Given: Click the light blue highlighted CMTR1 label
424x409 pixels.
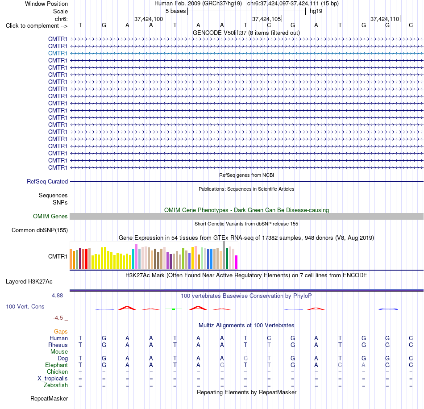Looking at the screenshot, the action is tap(58, 53).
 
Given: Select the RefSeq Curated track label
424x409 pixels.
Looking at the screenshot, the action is tap(47, 182).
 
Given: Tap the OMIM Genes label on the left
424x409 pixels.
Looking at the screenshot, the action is tap(50, 216).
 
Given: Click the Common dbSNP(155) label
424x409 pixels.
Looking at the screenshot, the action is tap(40, 230).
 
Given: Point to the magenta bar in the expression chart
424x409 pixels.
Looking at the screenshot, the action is tap(237, 262).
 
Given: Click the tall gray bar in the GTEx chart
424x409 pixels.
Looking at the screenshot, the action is tap(224, 255).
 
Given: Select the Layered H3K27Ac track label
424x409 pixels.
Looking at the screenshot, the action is tap(29, 282).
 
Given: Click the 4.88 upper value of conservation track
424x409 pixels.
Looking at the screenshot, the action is tap(57, 296).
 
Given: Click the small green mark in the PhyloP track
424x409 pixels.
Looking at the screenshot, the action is tap(174, 309).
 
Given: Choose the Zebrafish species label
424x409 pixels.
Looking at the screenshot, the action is tap(56, 385).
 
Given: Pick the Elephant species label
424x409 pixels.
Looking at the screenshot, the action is tap(56, 365).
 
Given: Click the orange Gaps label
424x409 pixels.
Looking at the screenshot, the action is tap(61, 331).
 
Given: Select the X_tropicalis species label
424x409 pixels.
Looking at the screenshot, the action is tap(53, 379).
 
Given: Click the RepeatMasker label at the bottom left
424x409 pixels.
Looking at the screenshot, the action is tap(49, 398).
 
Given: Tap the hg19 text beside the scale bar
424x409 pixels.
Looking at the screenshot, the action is tap(316, 11).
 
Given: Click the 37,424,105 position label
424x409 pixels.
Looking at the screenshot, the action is tap(266, 19).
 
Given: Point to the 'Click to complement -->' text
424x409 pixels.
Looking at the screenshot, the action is tap(37, 26).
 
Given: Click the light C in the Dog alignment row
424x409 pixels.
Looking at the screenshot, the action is tap(245, 358).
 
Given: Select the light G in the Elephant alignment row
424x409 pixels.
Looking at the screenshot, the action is tap(222, 365).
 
